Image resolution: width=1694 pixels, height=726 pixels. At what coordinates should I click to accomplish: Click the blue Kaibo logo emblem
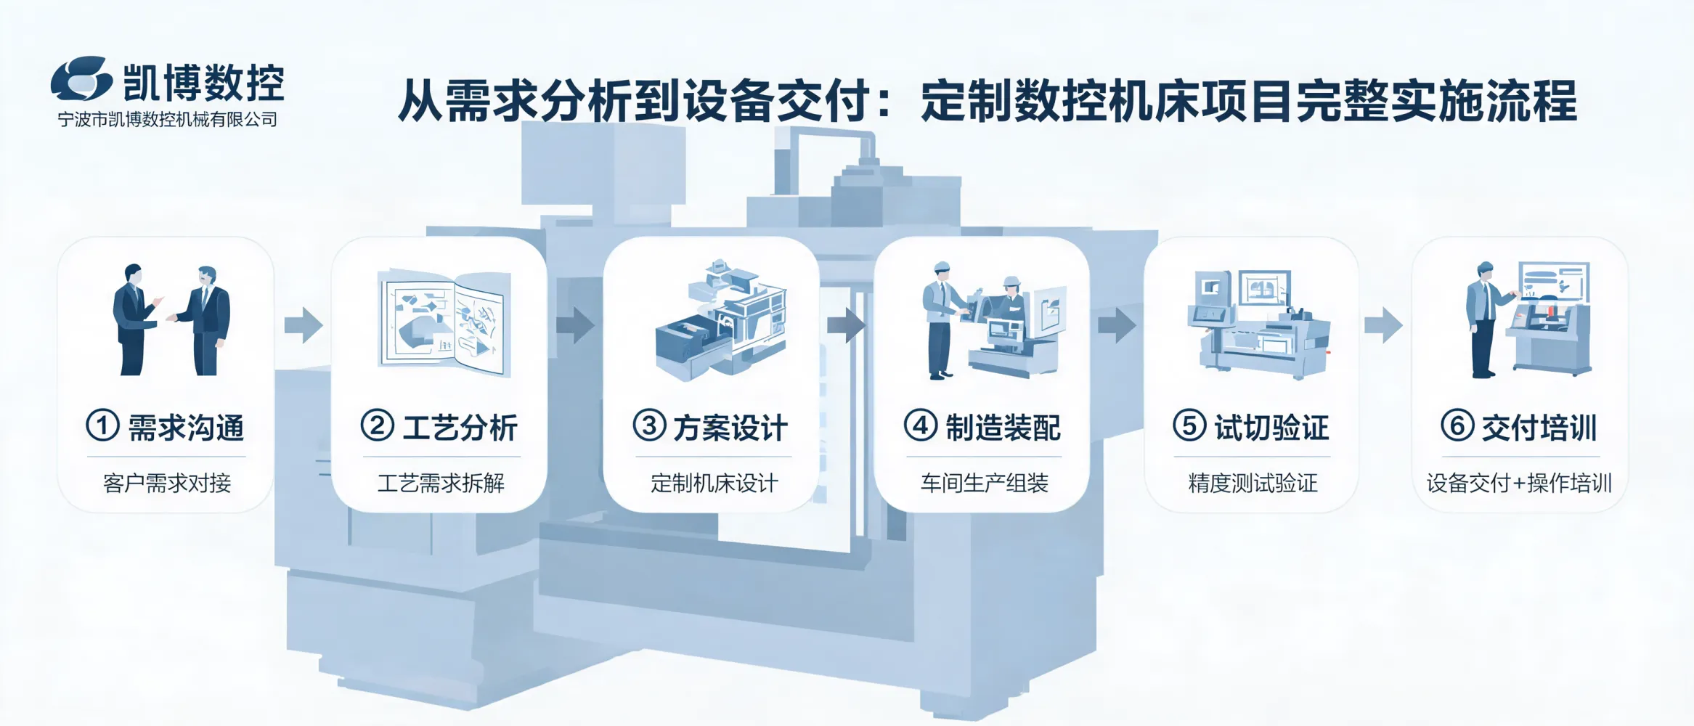81,78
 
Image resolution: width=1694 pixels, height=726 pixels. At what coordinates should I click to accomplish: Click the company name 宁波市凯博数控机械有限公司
168,120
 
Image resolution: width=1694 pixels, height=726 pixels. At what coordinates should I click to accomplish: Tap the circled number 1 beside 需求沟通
102,425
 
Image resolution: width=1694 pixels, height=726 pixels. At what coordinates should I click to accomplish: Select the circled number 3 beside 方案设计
649,425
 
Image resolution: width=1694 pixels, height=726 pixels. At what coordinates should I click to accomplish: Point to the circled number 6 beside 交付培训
1457,425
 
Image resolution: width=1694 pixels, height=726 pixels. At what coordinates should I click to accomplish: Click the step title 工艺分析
460,428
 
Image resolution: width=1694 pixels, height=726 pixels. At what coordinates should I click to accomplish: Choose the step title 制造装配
1003,428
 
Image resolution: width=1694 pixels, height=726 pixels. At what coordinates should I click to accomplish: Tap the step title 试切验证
1271,428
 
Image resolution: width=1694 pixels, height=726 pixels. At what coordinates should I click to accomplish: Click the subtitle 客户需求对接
167,483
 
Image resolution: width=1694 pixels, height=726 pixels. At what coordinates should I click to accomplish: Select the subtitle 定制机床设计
714,483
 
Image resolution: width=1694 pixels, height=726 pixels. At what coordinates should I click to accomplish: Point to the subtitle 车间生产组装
985,483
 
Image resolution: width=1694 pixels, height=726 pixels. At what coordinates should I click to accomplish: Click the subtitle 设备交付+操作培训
1519,483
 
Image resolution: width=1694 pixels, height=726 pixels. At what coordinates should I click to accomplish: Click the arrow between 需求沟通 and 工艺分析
304,325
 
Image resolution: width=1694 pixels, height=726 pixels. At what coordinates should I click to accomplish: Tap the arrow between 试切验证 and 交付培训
1383,325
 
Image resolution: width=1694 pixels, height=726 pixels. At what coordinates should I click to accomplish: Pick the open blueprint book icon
444,322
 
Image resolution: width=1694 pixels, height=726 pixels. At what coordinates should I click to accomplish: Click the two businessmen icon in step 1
171,319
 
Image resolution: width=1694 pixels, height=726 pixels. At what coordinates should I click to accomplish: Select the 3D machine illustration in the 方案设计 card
720,319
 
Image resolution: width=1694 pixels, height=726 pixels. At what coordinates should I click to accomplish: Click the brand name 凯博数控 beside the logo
203,82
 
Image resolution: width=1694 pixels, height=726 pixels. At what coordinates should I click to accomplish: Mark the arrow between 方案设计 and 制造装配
846,325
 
